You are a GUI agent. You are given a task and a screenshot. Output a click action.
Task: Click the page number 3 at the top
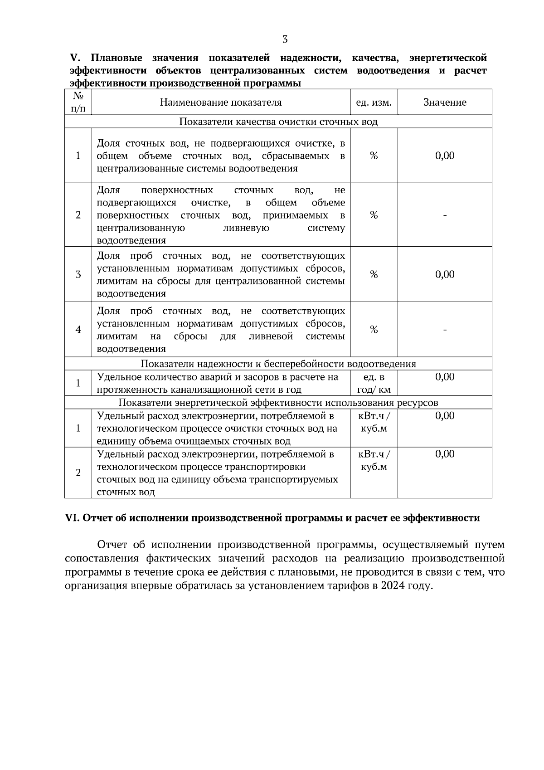coord(285,39)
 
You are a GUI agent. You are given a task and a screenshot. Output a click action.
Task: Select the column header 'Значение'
coord(445,102)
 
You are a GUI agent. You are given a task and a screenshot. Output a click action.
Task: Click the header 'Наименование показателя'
coord(221,102)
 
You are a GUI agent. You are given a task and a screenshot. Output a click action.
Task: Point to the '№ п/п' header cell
coord(78,102)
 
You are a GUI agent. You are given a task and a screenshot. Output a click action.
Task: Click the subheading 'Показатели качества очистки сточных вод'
coord(278,122)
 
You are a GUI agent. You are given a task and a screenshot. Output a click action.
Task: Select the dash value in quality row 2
coord(445,215)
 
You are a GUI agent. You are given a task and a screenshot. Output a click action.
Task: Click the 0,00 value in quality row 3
coord(445,274)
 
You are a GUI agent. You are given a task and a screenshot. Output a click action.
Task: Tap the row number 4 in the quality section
coord(78,330)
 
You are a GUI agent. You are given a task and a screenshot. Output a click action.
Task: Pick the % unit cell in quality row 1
coord(374,156)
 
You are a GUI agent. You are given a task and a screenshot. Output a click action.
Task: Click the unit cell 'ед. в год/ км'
coord(374,383)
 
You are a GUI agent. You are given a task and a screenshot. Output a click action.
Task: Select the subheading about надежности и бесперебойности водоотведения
coord(278,364)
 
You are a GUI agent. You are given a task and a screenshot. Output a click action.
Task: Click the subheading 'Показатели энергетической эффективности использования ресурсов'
coord(278,403)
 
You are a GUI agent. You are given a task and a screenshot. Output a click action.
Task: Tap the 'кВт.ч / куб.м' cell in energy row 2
coord(374,460)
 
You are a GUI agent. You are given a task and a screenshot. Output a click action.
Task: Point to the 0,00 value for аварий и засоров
coord(445,377)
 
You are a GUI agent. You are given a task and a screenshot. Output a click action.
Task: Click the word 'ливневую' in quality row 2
coord(247,228)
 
